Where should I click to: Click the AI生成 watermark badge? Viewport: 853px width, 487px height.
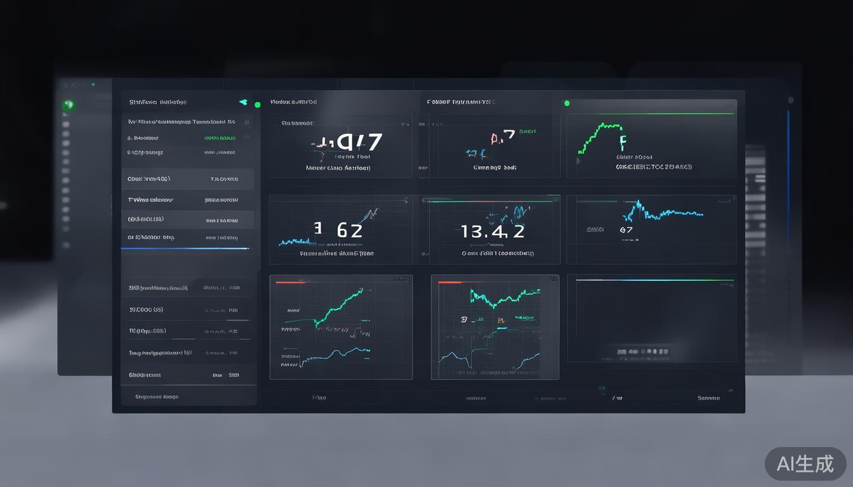click(x=805, y=464)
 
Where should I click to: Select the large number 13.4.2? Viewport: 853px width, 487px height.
click(x=493, y=231)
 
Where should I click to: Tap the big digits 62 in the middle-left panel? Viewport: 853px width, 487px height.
click(x=349, y=230)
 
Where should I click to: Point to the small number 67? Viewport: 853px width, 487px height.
click(x=626, y=230)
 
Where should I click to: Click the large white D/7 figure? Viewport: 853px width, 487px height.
click(x=359, y=143)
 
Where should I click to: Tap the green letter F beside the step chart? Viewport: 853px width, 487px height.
click(x=622, y=141)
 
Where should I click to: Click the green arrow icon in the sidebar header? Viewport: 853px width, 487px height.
click(x=242, y=102)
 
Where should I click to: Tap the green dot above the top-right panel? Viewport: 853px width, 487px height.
click(x=567, y=103)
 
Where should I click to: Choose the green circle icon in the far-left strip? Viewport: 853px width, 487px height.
click(x=68, y=105)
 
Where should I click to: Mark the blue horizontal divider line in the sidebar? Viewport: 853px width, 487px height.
click(x=185, y=249)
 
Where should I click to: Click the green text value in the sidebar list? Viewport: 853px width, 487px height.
click(x=220, y=138)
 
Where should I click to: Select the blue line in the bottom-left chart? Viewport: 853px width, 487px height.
click(x=336, y=355)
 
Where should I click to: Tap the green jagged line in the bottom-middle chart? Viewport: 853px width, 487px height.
click(x=505, y=296)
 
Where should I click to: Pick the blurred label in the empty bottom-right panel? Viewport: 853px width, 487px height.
click(x=645, y=351)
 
